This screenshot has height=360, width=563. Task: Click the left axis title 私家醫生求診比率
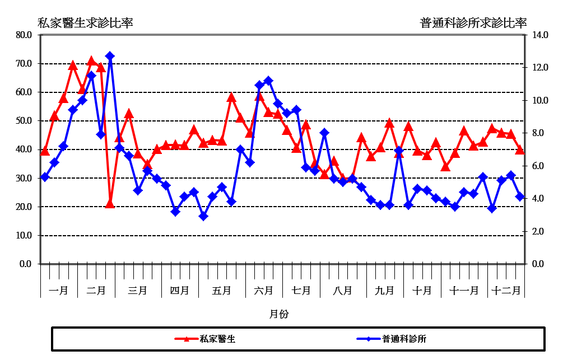tap(85, 23)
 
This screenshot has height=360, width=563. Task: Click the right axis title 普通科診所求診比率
tap(473, 23)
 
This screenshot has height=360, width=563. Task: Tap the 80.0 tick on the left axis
tap(25, 35)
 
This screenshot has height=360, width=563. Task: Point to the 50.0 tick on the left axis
tap(25, 121)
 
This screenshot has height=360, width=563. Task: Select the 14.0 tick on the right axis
tap(540, 35)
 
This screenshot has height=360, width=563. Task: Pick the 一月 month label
tap(59, 291)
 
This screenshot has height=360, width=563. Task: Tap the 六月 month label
tap(263, 291)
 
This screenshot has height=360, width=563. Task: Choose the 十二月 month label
tap(507, 291)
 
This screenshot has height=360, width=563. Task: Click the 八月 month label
tap(342, 291)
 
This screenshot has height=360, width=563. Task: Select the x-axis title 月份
tap(278, 314)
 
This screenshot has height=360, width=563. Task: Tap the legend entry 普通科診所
tap(404, 339)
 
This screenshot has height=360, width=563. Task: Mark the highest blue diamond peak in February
tap(110, 56)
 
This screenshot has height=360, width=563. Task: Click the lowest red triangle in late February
tap(110, 204)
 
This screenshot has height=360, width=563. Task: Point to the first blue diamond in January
tap(45, 177)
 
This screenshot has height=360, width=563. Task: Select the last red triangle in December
tap(520, 150)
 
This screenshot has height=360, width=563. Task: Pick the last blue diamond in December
tap(520, 197)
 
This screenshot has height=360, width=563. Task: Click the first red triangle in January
tap(45, 151)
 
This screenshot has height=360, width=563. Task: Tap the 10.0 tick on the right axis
tap(540, 100)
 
